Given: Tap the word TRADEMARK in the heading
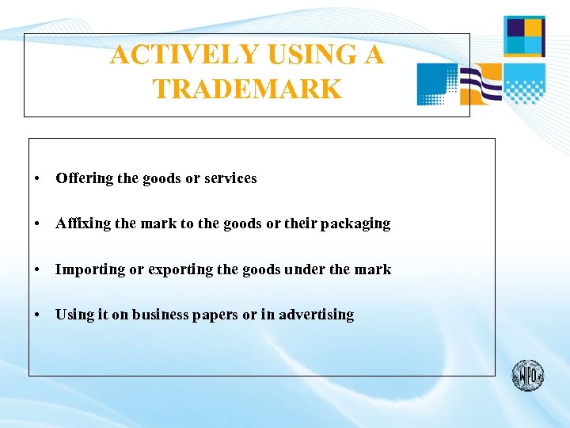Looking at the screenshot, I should [x=247, y=89].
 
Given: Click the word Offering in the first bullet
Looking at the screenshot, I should [x=85, y=178].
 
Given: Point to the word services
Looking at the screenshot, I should [x=230, y=178].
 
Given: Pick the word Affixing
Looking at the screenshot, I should [x=83, y=224].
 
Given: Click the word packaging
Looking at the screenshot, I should [x=355, y=224].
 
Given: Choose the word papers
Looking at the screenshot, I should [x=215, y=315].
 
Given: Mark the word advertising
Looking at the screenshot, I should [x=316, y=315].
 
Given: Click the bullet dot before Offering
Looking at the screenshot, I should [x=38, y=179].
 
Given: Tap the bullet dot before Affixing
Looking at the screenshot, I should [x=38, y=224].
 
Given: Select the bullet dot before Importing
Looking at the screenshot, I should [x=38, y=270].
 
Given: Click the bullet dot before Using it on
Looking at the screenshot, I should [x=38, y=315].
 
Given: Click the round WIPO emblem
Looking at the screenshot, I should [x=527, y=375].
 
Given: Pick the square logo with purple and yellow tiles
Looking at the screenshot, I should [x=524, y=36].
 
